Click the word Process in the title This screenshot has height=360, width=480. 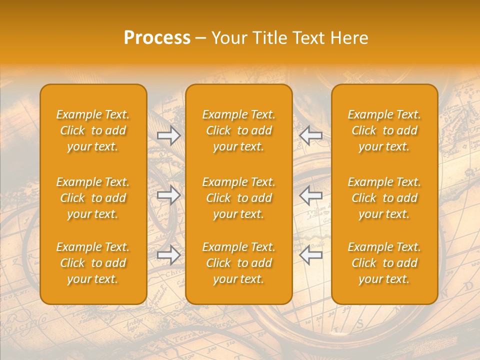(157, 38)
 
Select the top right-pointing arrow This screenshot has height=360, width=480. (168, 135)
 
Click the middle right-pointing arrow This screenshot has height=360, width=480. (168, 195)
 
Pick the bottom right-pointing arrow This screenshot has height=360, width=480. (168, 255)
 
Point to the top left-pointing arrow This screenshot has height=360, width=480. (311, 135)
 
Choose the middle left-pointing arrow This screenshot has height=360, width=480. (311, 195)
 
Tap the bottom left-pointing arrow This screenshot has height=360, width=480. (311, 255)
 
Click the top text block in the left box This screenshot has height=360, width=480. (93, 130)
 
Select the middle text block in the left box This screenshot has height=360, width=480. (93, 198)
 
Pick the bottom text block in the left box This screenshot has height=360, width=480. (93, 263)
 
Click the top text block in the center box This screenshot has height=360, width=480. (239, 130)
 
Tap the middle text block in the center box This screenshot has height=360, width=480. (239, 198)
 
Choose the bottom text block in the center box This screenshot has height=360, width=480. (239, 263)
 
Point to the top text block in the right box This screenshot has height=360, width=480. (384, 130)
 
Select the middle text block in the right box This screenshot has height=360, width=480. (384, 198)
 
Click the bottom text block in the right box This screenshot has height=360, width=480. (384, 263)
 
